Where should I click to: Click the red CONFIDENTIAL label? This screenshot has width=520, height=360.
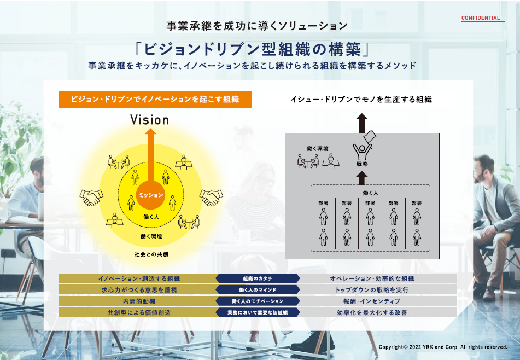(x=481, y=18)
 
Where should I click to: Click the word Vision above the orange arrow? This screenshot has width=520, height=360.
(x=149, y=119)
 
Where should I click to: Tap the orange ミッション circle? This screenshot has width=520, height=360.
(x=150, y=194)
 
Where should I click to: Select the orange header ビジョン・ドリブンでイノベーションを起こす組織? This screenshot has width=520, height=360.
(x=155, y=99)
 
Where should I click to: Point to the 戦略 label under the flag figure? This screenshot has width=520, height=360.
(x=361, y=164)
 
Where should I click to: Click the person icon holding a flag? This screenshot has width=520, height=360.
(x=363, y=147)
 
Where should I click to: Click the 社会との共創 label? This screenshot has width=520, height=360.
(x=150, y=254)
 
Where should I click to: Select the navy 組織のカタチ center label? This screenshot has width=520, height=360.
(x=258, y=278)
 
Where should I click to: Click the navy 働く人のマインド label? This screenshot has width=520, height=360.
(x=258, y=290)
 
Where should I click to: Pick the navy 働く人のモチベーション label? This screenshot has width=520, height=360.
(x=258, y=301)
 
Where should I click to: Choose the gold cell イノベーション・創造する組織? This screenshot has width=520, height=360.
(x=139, y=278)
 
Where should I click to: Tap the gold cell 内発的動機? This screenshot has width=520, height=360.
(x=139, y=301)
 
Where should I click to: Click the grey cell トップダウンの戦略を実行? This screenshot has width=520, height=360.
(x=372, y=290)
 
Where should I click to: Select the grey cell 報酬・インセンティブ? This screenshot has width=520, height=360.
(x=372, y=301)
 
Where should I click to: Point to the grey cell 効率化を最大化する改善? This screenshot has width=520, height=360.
(x=372, y=313)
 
